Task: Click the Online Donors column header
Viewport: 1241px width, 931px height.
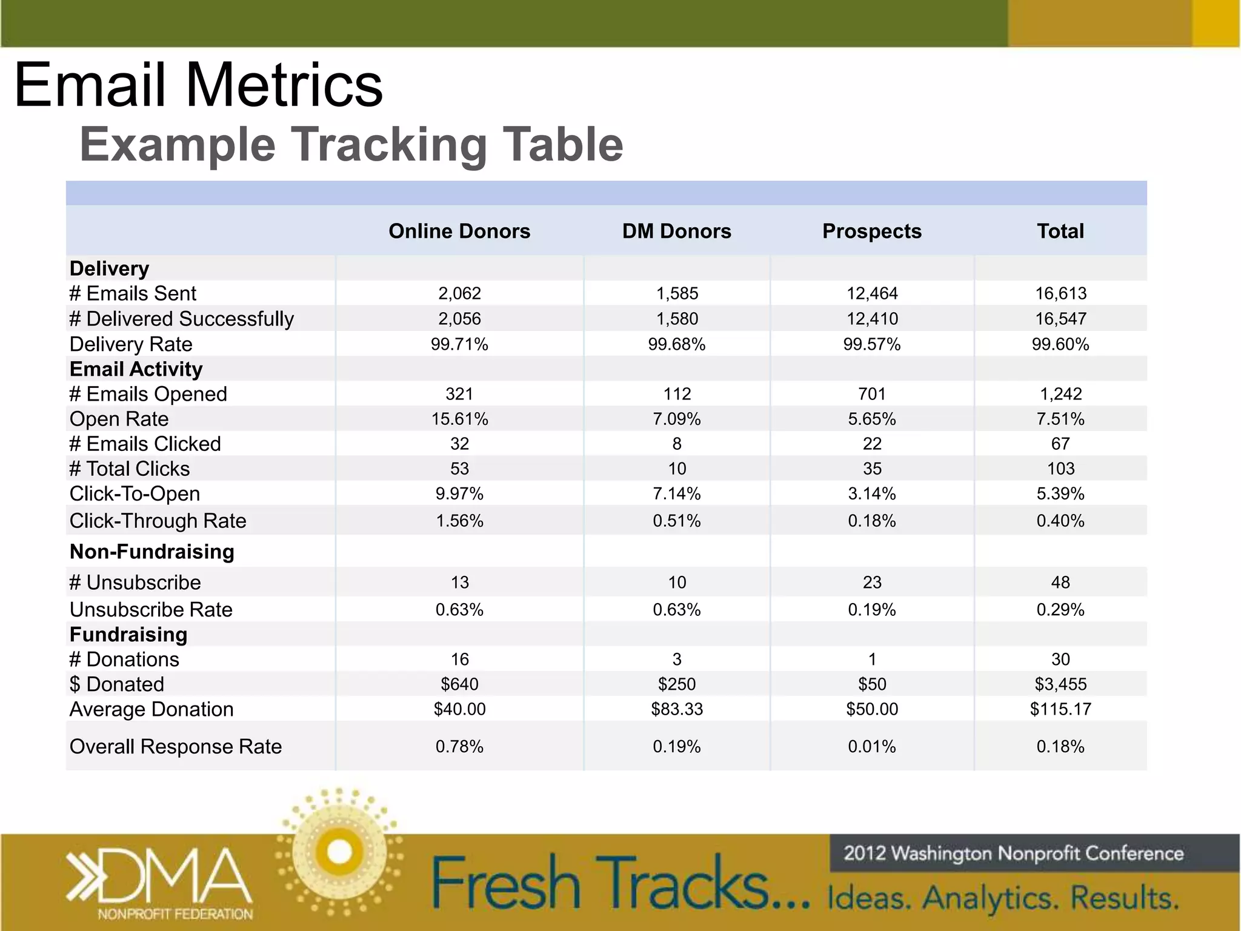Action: point(459,231)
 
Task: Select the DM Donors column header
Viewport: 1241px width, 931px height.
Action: point(676,231)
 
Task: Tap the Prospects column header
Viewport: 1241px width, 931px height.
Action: point(871,231)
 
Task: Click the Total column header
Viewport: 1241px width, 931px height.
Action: point(1060,231)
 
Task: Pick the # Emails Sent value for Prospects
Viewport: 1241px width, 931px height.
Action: point(872,293)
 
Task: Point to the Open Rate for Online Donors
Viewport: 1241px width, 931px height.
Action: point(459,419)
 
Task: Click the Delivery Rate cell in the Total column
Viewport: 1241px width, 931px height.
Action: point(1060,344)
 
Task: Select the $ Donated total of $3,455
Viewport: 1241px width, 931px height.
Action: point(1060,684)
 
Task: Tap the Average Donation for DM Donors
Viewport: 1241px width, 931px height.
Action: point(677,709)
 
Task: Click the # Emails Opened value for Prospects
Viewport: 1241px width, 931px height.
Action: point(872,394)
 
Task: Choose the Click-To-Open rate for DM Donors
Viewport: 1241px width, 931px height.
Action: point(677,494)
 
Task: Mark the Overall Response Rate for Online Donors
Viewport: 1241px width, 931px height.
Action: point(459,747)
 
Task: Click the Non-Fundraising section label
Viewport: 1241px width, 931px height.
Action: point(152,552)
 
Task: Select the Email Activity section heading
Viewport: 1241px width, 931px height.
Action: point(136,369)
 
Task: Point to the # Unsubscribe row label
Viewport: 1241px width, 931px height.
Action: point(135,582)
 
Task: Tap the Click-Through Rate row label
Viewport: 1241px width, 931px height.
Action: point(158,521)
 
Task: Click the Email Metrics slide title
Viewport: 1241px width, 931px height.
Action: point(199,85)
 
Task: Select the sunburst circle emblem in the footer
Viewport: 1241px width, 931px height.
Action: point(339,852)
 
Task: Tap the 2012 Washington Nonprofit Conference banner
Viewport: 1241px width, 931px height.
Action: point(1013,853)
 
